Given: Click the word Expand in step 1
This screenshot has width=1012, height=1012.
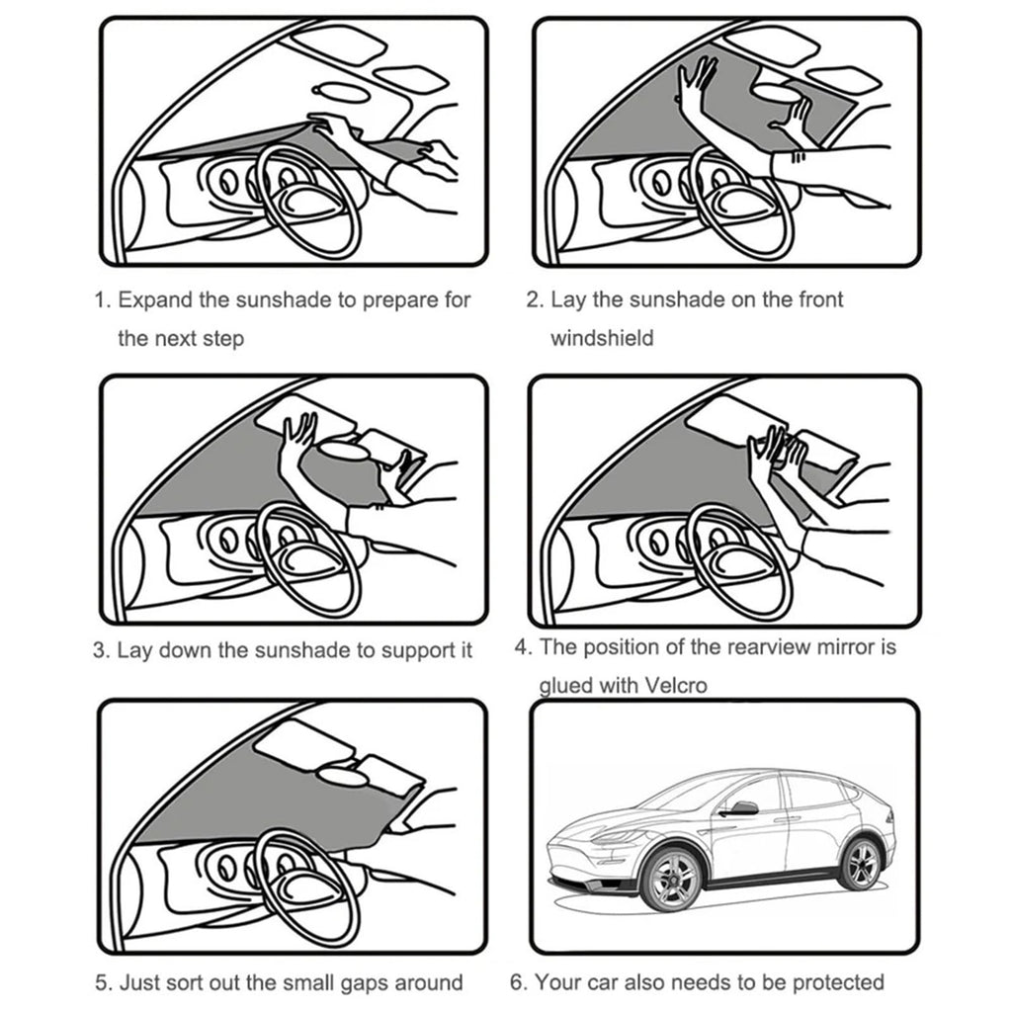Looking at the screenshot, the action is point(155,300).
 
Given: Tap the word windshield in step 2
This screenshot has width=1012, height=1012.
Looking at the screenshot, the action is point(602,338).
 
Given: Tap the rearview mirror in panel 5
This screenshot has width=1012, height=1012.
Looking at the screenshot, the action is point(342,777).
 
